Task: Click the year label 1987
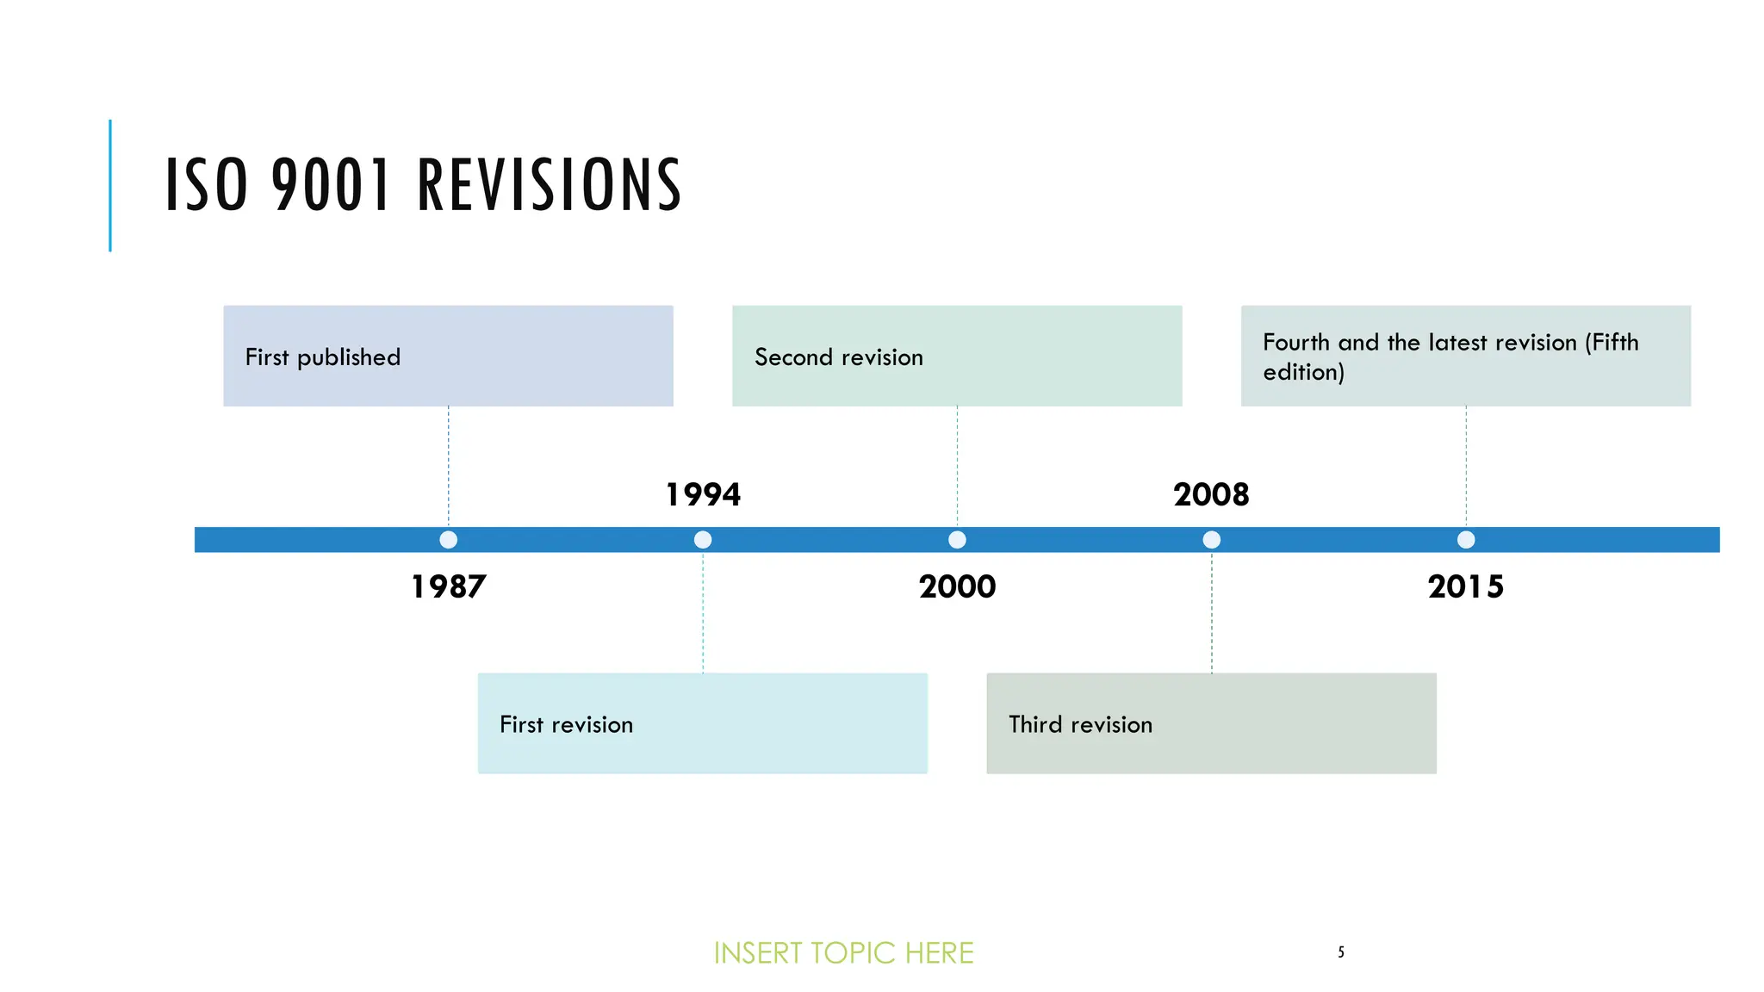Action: [448, 586]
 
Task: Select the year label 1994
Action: [703, 494]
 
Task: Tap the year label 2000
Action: [957, 586]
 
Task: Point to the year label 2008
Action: [1211, 494]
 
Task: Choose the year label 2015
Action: [1465, 586]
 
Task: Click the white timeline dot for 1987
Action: [448, 540]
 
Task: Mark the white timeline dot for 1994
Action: [703, 540]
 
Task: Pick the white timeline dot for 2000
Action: [957, 540]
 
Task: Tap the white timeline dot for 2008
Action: [1211, 540]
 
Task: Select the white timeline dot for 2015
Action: [1466, 540]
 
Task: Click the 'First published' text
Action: [323, 357]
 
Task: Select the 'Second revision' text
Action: [838, 357]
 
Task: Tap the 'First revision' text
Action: [566, 724]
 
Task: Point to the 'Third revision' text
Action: [1080, 724]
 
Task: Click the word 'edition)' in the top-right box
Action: [1303, 372]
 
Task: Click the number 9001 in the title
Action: [332, 185]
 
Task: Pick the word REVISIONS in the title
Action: [550, 185]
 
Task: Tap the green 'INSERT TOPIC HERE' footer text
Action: [843, 953]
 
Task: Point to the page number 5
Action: [1341, 952]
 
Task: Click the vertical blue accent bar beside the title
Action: [110, 185]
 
